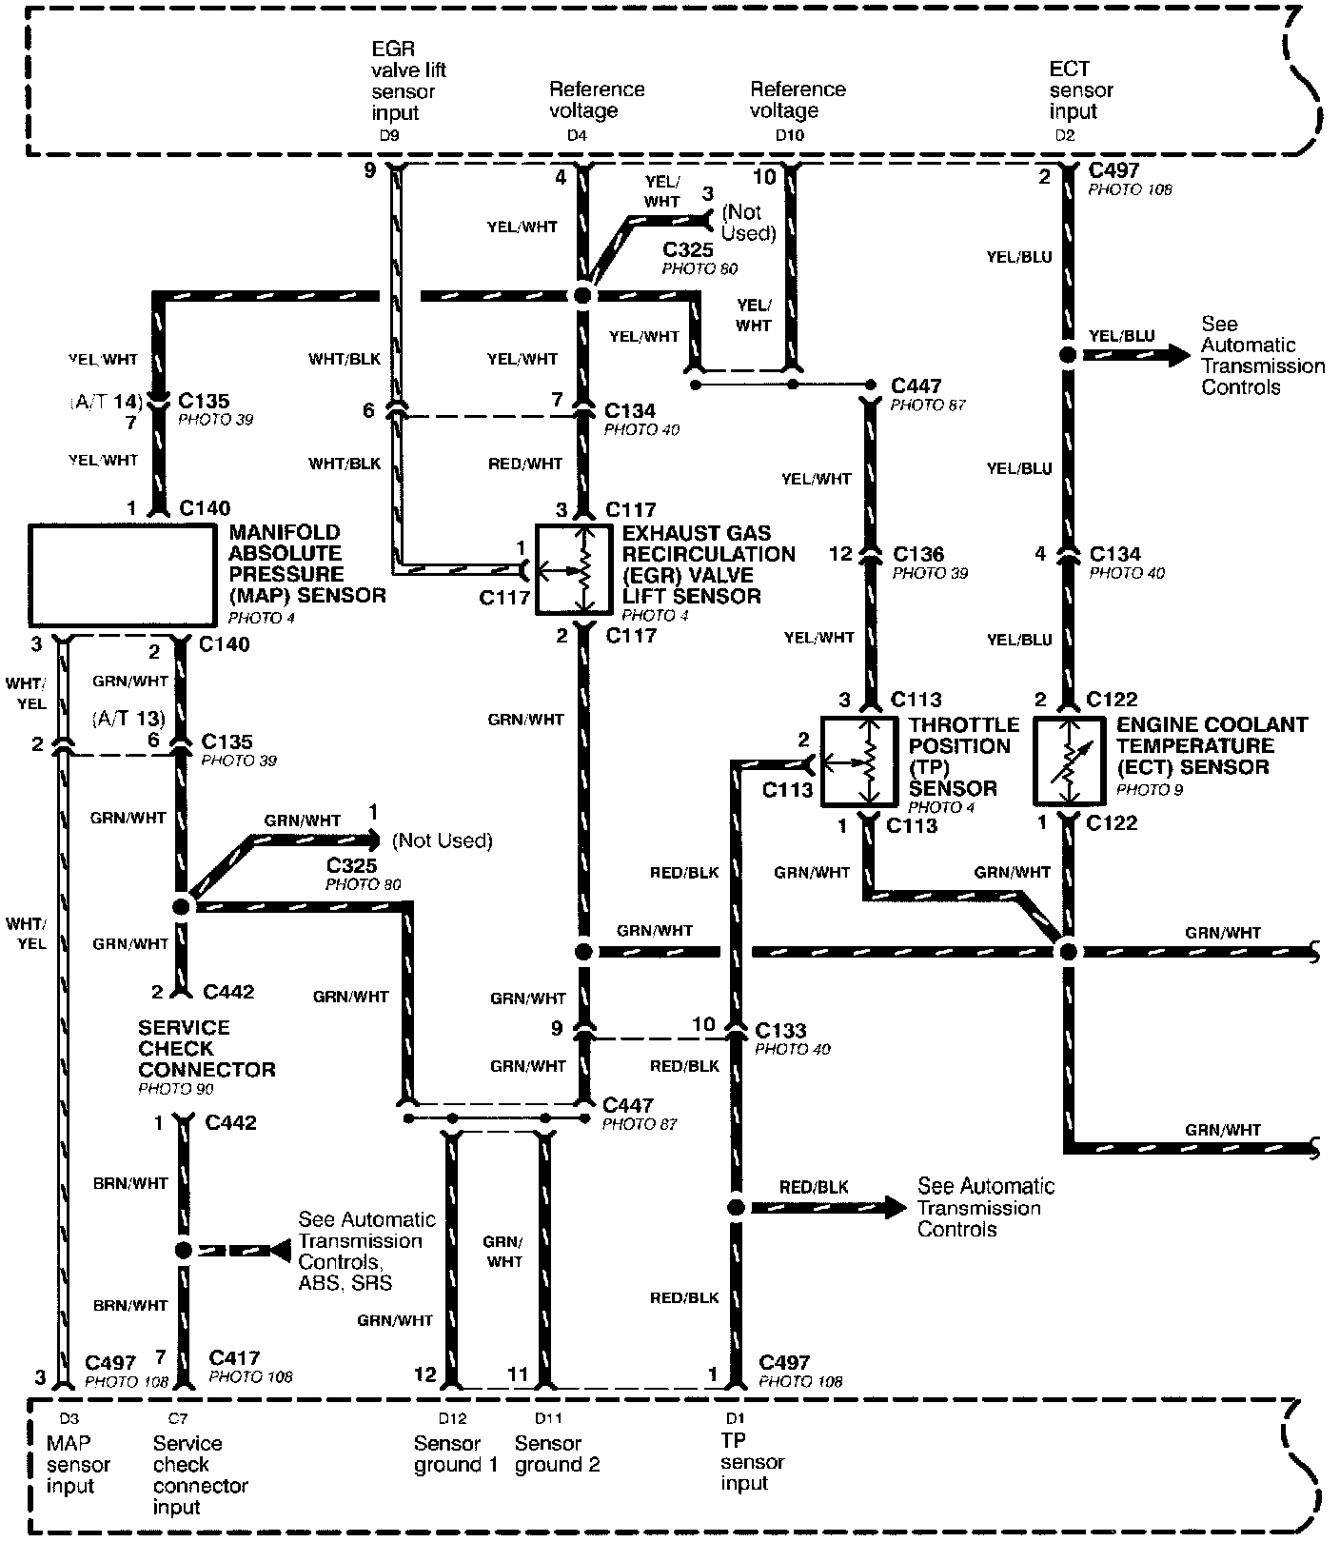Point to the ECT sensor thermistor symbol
click(1070, 761)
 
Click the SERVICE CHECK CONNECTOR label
click(207, 1048)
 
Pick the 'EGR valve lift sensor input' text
click(408, 81)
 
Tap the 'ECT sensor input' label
click(1080, 90)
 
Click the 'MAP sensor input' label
click(78, 1464)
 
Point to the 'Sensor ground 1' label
click(455, 1454)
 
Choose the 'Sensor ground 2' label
click(557, 1454)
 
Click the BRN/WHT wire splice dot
click(184, 1250)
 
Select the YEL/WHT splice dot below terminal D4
click(582, 296)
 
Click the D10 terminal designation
click(789, 136)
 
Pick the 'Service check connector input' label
click(200, 1474)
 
